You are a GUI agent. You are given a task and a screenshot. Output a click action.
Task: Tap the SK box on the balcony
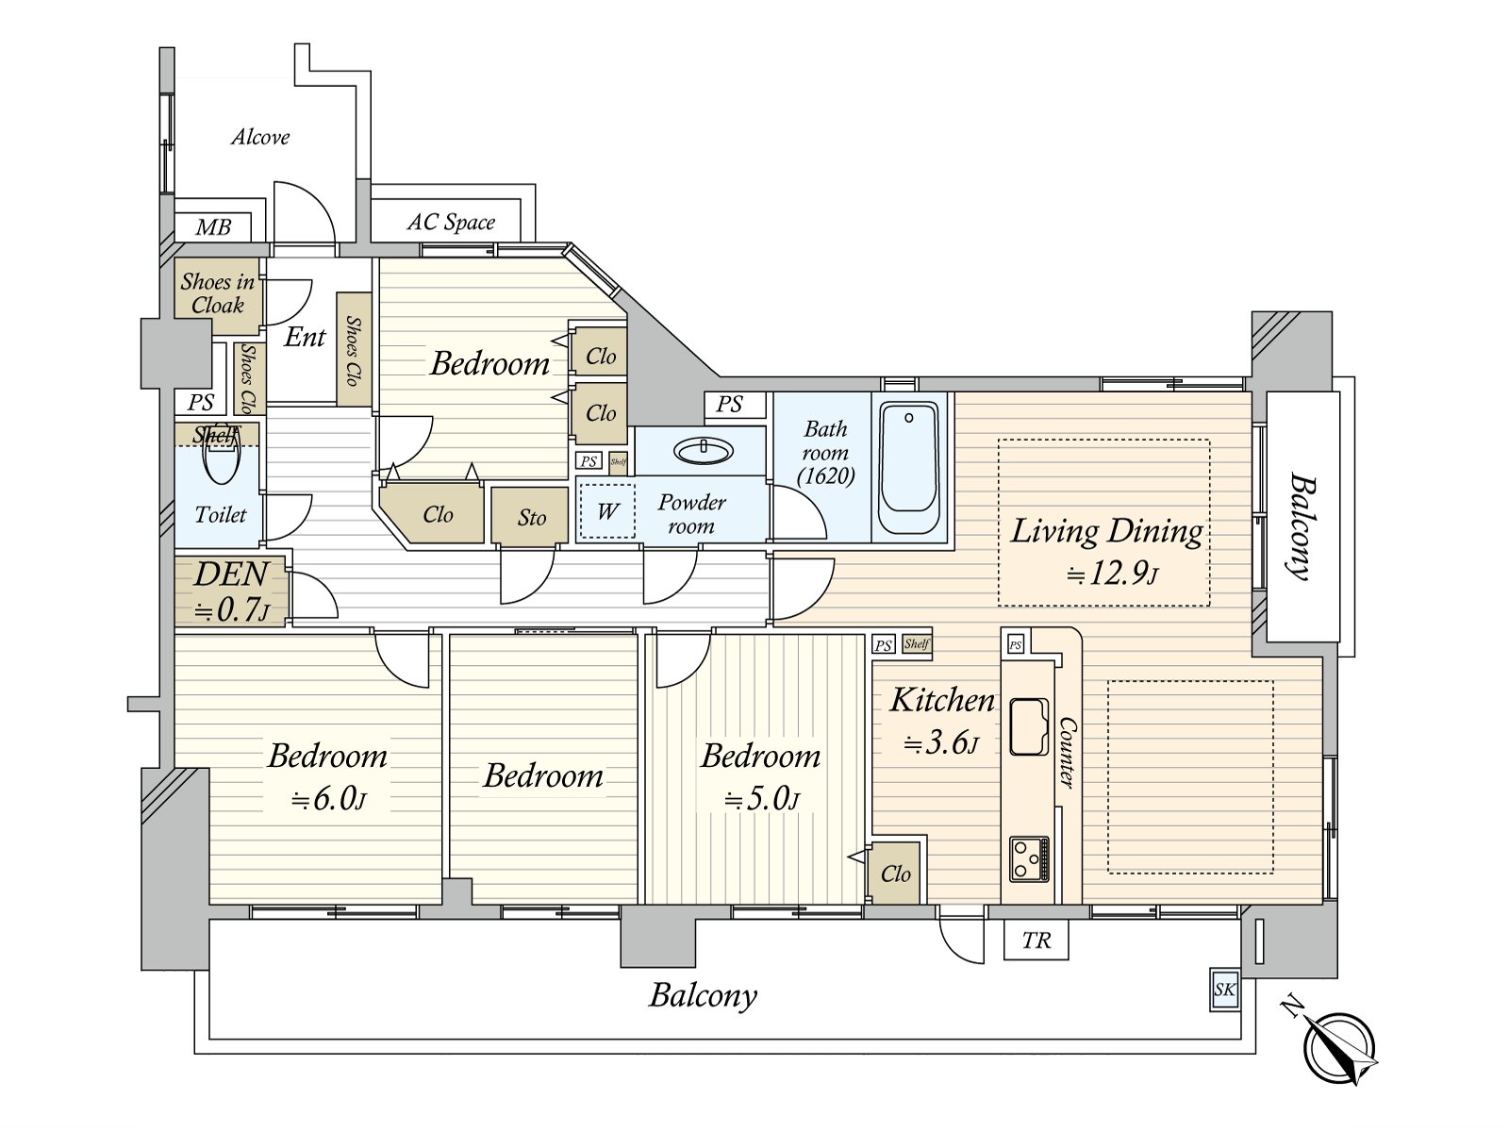click(x=1224, y=990)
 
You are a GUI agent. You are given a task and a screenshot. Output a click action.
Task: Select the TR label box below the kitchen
click(x=1036, y=941)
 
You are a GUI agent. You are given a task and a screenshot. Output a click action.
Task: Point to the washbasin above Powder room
click(x=703, y=451)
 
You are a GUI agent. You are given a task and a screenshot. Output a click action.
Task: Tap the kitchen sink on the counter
click(x=1029, y=726)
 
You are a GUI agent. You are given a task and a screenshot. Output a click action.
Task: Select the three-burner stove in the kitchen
click(x=1029, y=858)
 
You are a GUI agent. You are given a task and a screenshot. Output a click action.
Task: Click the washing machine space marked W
click(x=607, y=511)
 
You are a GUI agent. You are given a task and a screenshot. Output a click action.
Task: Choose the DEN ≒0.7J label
click(x=231, y=592)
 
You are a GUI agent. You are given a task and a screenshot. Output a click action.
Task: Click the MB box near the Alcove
click(x=213, y=227)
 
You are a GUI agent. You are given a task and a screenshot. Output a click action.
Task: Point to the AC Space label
click(x=451, y=223)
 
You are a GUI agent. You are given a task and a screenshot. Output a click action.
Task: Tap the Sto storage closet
click(x=531, y=517)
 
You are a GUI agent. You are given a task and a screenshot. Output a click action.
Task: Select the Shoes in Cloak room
click(x=218, y=293)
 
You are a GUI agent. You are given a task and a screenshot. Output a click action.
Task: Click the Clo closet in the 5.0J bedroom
click(x=895, y=874)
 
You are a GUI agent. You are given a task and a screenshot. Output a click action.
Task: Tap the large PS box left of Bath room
click(x=729, y=405)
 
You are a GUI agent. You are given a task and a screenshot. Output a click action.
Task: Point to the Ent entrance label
click(x=305, y=337)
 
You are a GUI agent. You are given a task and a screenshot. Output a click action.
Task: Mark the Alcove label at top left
click(x=260, y=138)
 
